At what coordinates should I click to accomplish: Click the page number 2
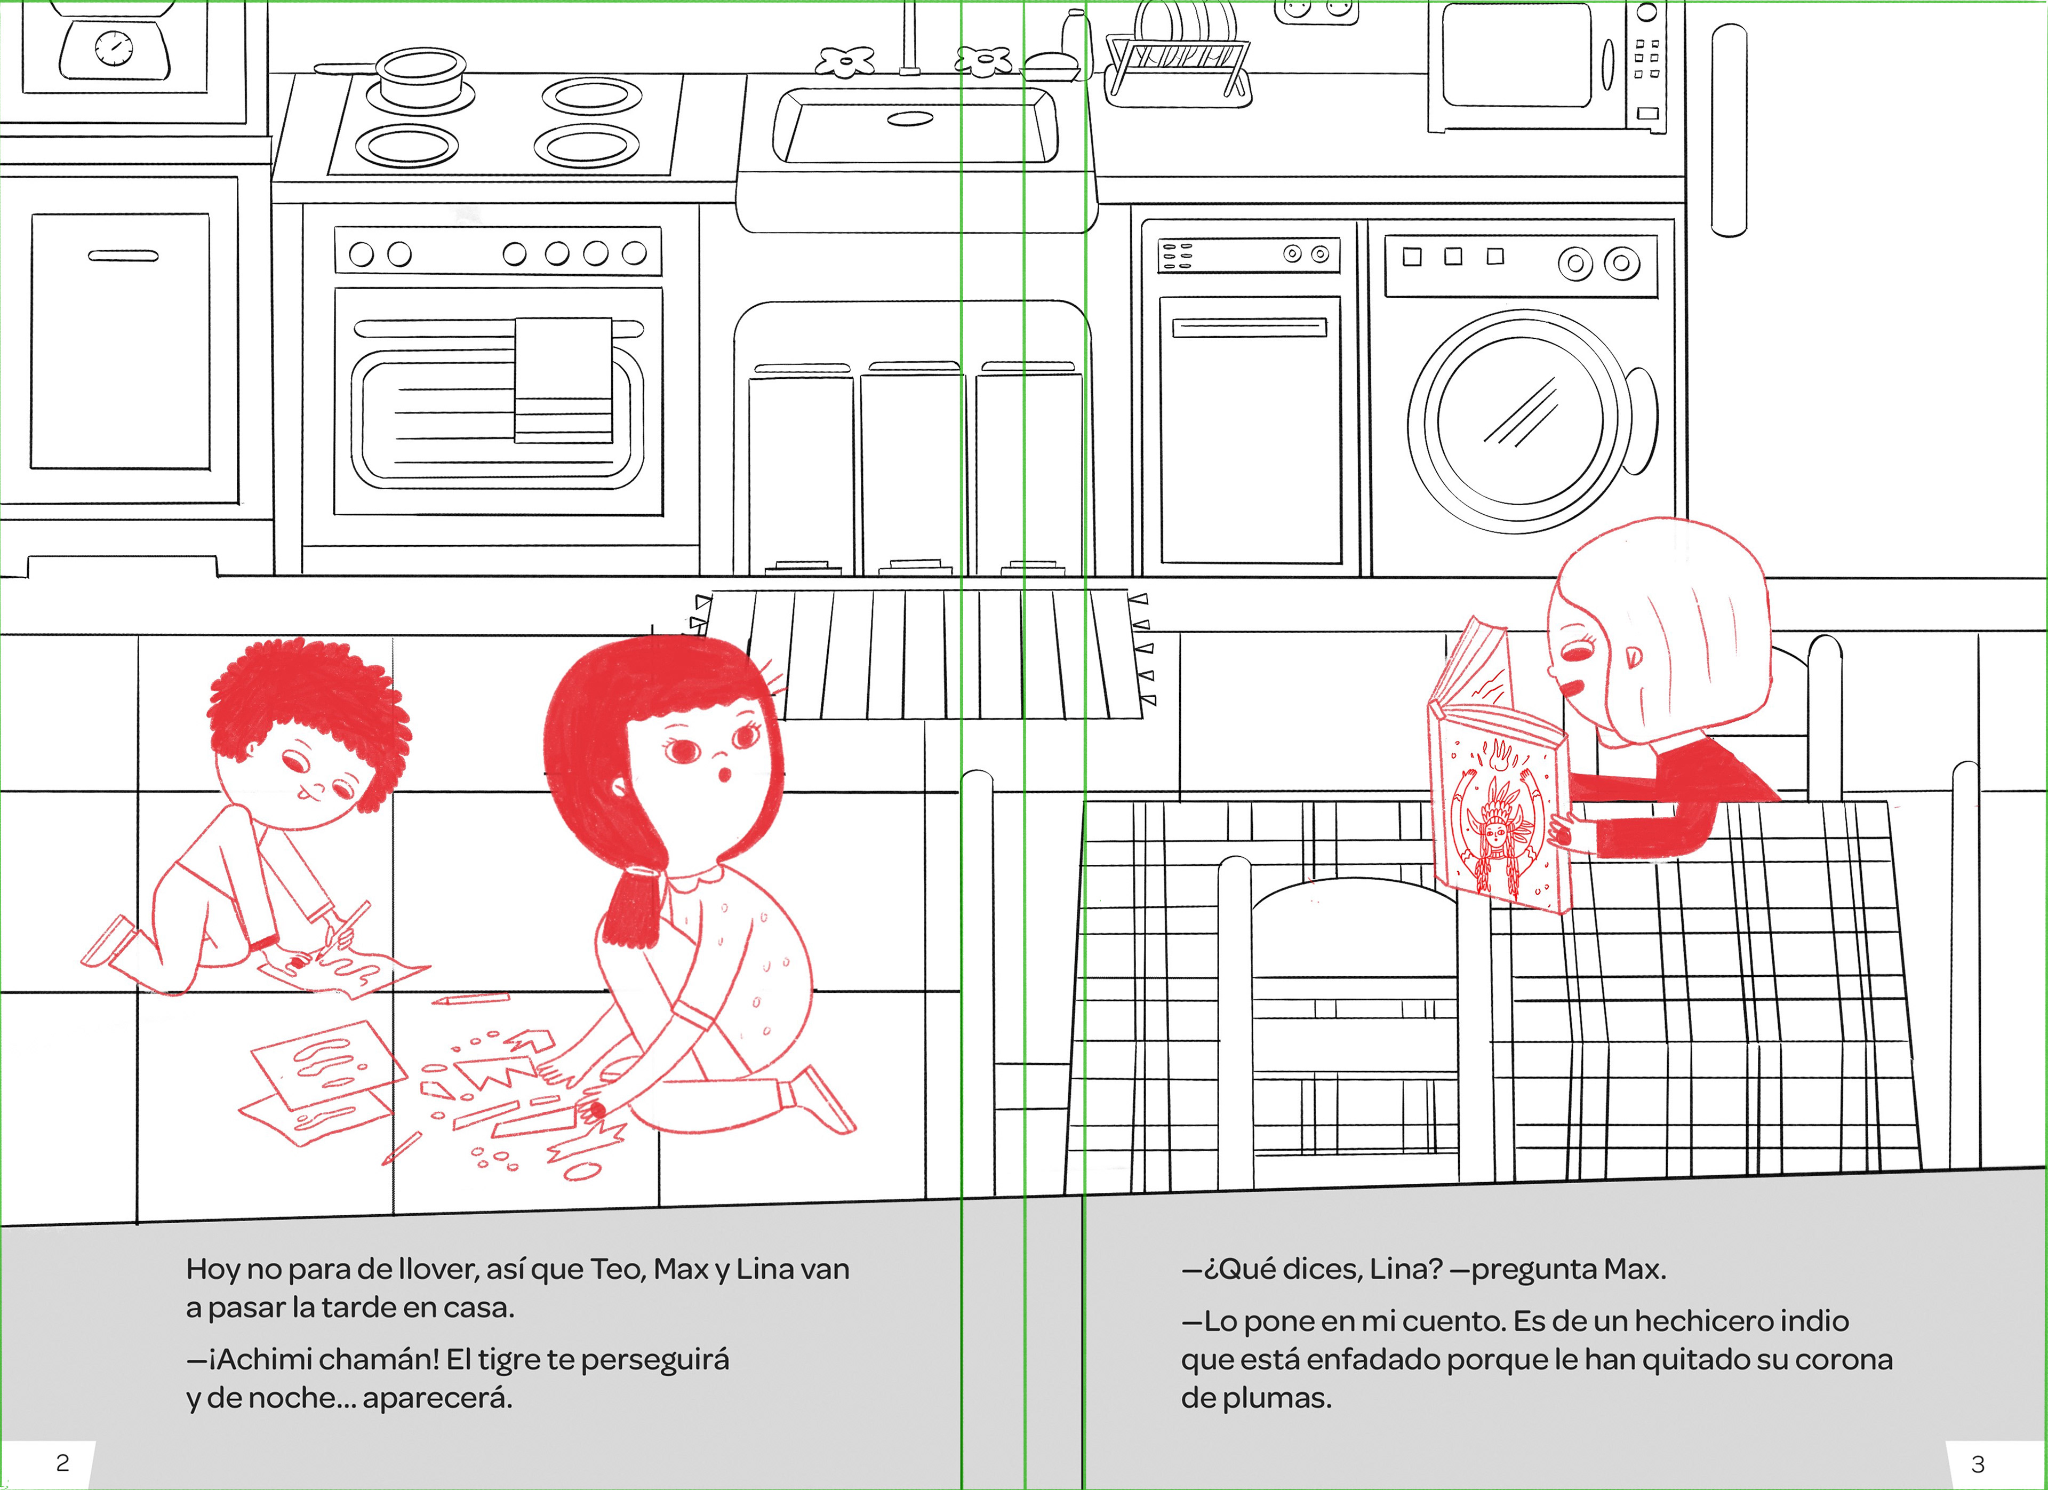[62, 1463]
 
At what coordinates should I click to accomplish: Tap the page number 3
[1978, 1464]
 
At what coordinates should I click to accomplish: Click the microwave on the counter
[1547, 67]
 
